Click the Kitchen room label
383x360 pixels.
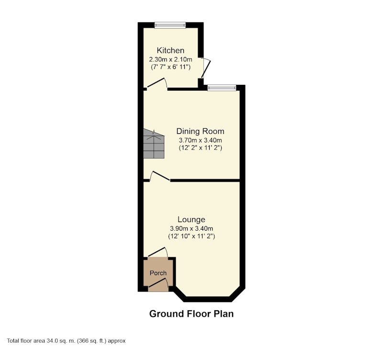coord(170,50)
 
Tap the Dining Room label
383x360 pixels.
coord(200,131)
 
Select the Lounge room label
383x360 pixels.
coord(191,220)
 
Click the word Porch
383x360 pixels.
coord(158,273)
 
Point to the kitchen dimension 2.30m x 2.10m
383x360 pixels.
coord(170,59)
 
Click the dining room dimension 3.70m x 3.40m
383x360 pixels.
coord(200,140)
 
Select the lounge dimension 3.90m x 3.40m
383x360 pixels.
coord(191,229)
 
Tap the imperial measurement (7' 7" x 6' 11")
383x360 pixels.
coord(170,67)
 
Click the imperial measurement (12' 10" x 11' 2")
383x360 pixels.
coord(191,236)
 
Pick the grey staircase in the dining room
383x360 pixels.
coord(154,143)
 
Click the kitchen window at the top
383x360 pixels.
coord(170,25)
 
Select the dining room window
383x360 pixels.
coord(222,88)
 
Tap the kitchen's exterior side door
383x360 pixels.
coord(205,68)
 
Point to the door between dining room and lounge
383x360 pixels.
coord(160,176)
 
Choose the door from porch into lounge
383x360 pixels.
coord(158,252)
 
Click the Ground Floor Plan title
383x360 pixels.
coord(191,314)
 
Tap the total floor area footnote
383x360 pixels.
coord(66,341)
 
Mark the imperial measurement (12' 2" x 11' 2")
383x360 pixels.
coord(200,148)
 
